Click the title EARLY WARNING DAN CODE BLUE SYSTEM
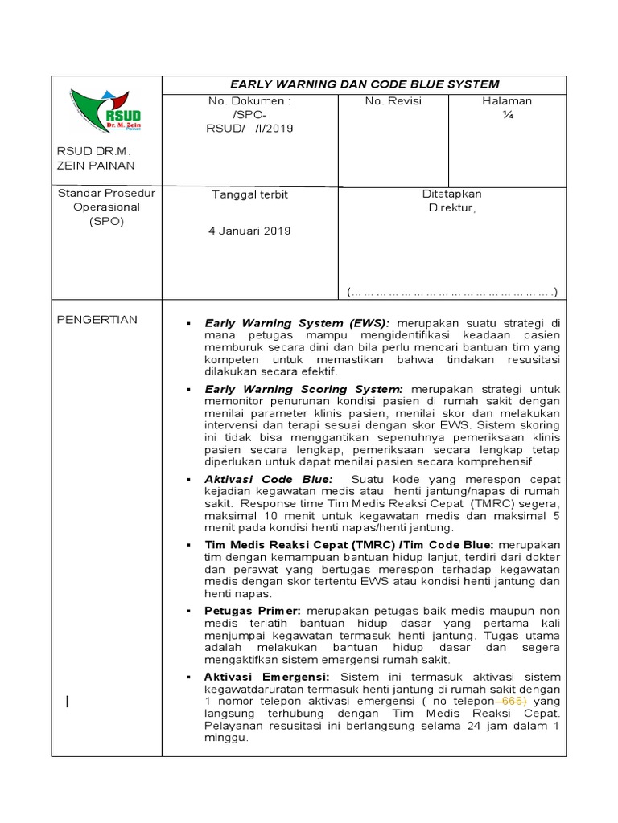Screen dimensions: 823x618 (x=365, y=84)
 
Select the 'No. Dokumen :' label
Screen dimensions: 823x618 (x=249, y=101)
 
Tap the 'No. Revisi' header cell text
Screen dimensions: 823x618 (x=393, y=101)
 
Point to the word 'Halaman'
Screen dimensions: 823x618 (x=507, y=101)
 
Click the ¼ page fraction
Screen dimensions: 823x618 (x=507, y=114)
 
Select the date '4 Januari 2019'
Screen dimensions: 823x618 (x=249, y=231)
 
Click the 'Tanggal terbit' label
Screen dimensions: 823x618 (x=249, y=195)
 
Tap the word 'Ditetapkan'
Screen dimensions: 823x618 (x=452, y=194)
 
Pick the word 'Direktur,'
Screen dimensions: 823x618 (x=452, y=207)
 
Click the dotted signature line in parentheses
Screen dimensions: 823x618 (x=452, y=291)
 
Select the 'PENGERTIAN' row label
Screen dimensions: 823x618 (x=97, y=320)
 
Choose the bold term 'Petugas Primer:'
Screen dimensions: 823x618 (x=253, y=611)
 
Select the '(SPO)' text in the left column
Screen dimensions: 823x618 (x=107, y=221)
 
